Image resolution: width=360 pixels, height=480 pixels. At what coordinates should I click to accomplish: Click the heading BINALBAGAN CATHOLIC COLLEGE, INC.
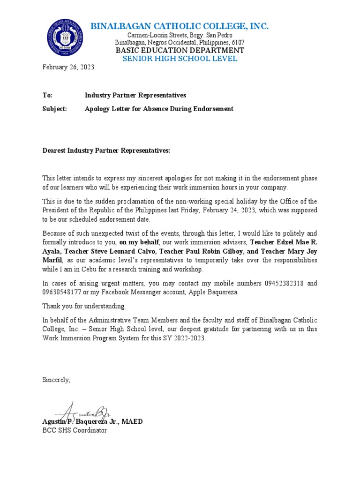tap(180, 26)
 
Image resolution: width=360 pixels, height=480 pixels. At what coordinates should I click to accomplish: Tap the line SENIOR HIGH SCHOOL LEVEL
tap(180, 59)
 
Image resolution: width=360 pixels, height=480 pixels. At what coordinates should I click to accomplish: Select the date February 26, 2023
tap(68, 67)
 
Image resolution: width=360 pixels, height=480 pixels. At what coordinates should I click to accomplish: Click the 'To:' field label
tap(47, 95)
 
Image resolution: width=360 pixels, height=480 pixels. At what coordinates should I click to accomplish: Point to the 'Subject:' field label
tap(55, 109)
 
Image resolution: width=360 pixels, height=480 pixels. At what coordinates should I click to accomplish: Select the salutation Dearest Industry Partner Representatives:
tap(106, 150)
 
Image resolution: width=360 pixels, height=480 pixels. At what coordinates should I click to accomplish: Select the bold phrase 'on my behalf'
tap(139, 242)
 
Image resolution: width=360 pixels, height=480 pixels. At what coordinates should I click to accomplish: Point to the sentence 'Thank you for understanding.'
tap(84, 306)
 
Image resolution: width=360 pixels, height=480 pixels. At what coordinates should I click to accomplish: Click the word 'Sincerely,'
tap(56, 380)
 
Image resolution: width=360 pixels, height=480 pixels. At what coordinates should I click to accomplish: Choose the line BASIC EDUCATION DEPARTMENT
tap(180, 50)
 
